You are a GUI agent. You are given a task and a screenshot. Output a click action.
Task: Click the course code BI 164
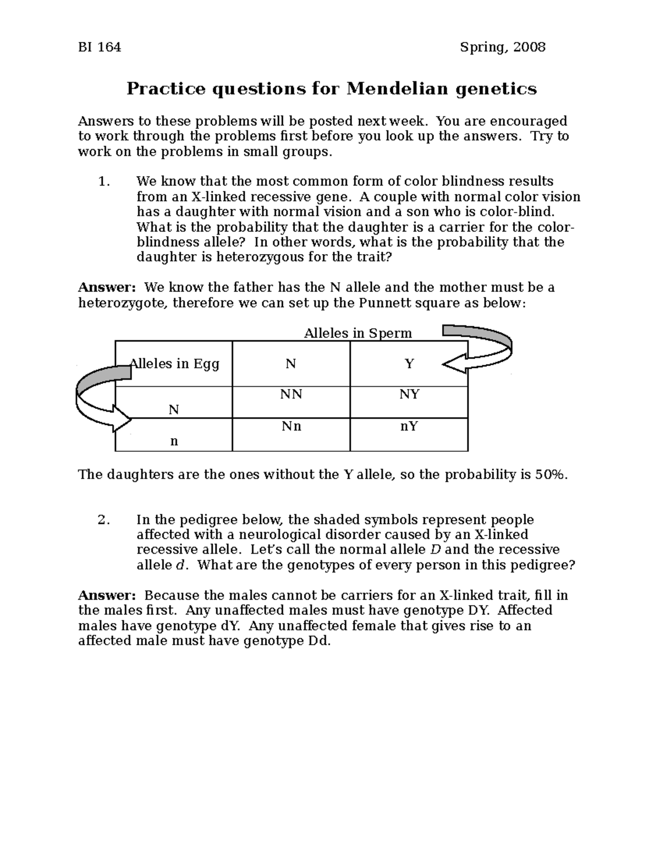pyautogui.click(x=99, y=48)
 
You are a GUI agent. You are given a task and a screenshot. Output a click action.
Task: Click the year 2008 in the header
pyautogui.click(x=529, y=48)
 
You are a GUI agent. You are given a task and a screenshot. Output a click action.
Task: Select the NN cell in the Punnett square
pyautogui.click(x=291, y=394)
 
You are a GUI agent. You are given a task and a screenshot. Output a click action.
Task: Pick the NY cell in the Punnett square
pyautogui.click(x=409, y=394)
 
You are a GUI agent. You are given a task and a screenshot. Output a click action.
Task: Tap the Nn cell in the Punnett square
pyautogui.click(x=291, y=427)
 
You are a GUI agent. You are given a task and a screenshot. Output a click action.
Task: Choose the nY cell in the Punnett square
pyautogui.click(x=409, y=427)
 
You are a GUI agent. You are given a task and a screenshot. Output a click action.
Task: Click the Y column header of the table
pyautogui.click(x=409, y=364)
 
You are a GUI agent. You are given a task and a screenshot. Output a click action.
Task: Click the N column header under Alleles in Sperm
pyautogui.click(x=291, y=364)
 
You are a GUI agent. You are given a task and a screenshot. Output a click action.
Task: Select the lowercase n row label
pyautogui.click(x=174, y=441)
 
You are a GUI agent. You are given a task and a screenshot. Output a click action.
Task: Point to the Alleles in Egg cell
pyautogui.click(x=174, y=364)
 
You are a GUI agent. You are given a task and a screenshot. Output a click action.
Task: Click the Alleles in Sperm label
pyautogui.click(x=358, y=333)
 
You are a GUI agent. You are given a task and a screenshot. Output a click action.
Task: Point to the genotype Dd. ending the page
pyautogui.click(x=318, y=641)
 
